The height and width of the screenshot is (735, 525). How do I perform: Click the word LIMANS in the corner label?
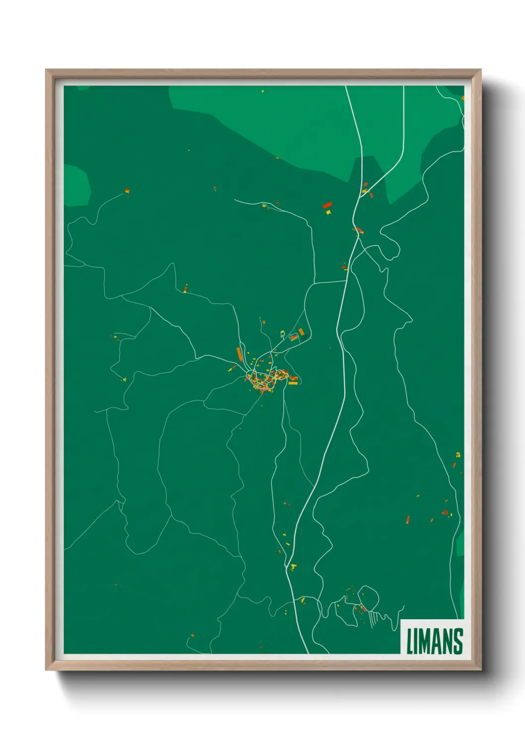point(435,641)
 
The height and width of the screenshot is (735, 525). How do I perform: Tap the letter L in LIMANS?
point(409,641)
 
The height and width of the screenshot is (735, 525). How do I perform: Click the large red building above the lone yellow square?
point(327,205)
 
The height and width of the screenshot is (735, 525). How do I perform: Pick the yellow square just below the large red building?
point(328,213)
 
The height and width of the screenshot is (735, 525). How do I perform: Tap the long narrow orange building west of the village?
point(239,354)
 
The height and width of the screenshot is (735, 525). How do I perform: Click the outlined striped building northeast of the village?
point(293,337)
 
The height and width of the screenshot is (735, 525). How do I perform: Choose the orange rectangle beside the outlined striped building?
point(301,332)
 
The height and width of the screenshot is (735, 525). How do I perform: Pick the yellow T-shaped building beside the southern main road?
point(293,567)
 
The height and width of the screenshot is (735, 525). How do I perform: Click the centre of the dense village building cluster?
point(265,380)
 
